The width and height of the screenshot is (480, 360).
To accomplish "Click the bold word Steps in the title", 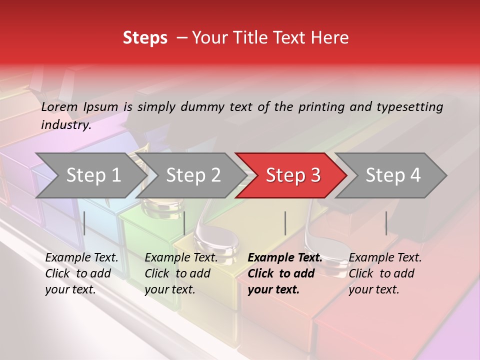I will click(x=145, y=38).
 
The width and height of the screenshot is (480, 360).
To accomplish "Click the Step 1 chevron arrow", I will click(x=92, y=175).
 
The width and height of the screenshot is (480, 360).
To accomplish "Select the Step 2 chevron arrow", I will click(x=192, y=175).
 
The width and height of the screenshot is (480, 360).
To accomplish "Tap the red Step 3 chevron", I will click(x=292, y=175).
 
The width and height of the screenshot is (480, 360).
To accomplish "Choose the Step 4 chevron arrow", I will click(x=392, y=175).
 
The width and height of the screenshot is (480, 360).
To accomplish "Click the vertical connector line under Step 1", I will click(x=84, y=223).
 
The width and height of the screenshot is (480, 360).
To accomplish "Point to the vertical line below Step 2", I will click(x=184, y=223).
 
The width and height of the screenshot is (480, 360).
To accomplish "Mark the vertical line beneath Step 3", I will click(x=285, y=223).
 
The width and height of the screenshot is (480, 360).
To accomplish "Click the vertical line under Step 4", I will click(x=386, y=223).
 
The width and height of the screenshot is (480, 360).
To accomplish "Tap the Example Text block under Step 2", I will click(x=180, y=273).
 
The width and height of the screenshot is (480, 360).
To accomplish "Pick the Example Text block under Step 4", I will click(x=384, y=273).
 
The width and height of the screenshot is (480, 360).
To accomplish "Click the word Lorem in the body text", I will click(x=59, y=106).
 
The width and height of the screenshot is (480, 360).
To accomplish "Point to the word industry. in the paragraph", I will click(x=66, y=124).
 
